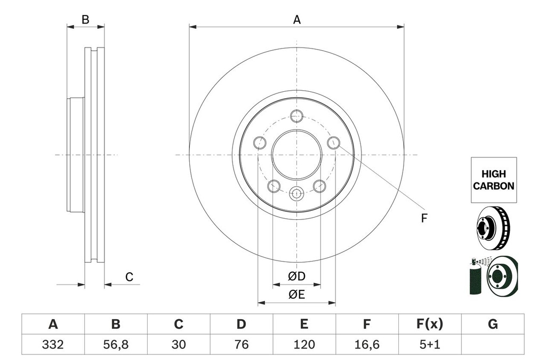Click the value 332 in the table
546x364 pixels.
(x=53, y=345)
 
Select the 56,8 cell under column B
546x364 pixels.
(x=116, y=345)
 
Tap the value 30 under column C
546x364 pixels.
(x=179, y=345)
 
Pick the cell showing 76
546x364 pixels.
(x=242, y=345)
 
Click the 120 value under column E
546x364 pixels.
(x=304, y=345)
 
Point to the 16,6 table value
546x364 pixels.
(x=367, y=345)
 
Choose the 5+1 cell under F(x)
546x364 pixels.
(x=429, y=345)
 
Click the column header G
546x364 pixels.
(x=493, y=324)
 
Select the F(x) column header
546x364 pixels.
(x=429, y=324)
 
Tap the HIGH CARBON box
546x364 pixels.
(x=493, y=180)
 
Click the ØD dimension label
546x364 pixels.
(x=296, y=276)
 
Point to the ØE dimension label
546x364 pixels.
(x=296, y=295)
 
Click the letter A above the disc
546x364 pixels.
(x=297, y=20)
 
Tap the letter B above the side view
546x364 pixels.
(x=85, y=20)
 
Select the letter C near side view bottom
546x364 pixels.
(x=129, y=277)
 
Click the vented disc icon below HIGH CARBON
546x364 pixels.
(x=493, y=228)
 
